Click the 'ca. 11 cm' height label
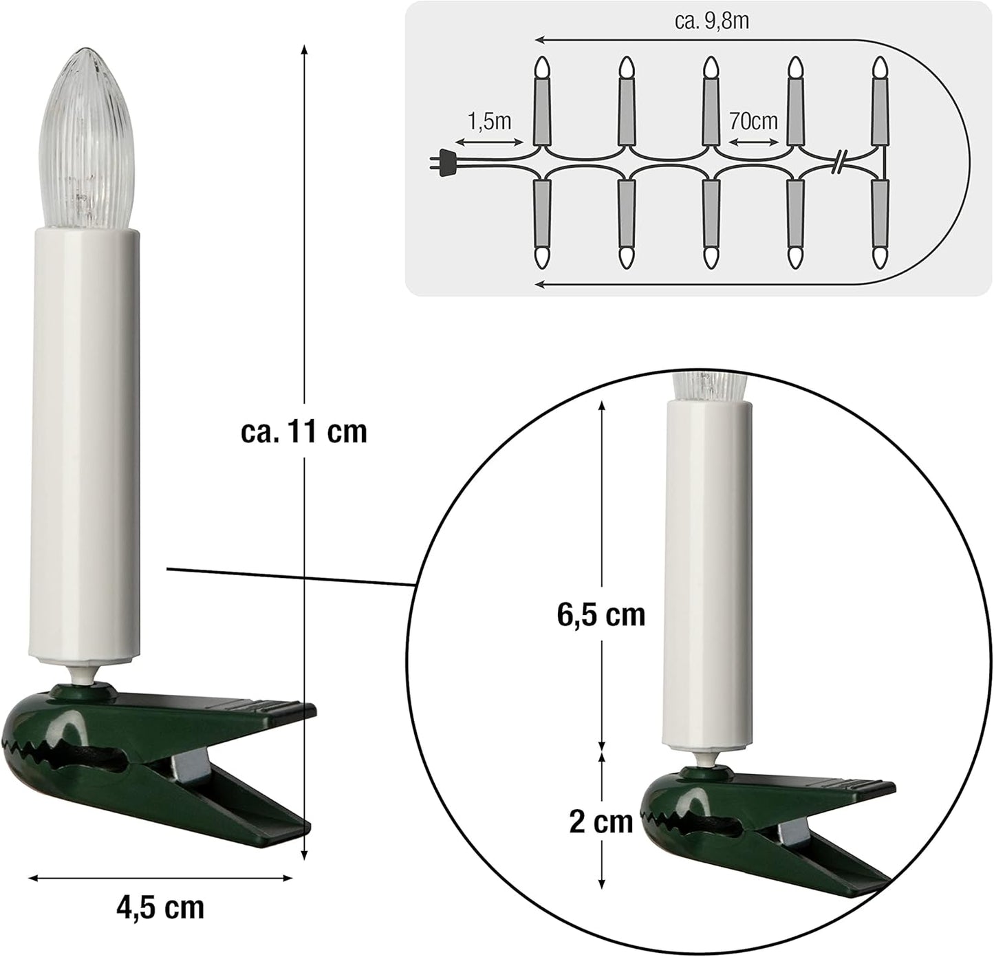tap(304, 432)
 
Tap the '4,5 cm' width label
tap(160, 907)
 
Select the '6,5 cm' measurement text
tap(601, 615)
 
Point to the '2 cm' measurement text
tap(601, 822)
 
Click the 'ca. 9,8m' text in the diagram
tap(712, 22)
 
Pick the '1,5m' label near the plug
tap(489, 122)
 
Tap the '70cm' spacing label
tap(753, 122)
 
